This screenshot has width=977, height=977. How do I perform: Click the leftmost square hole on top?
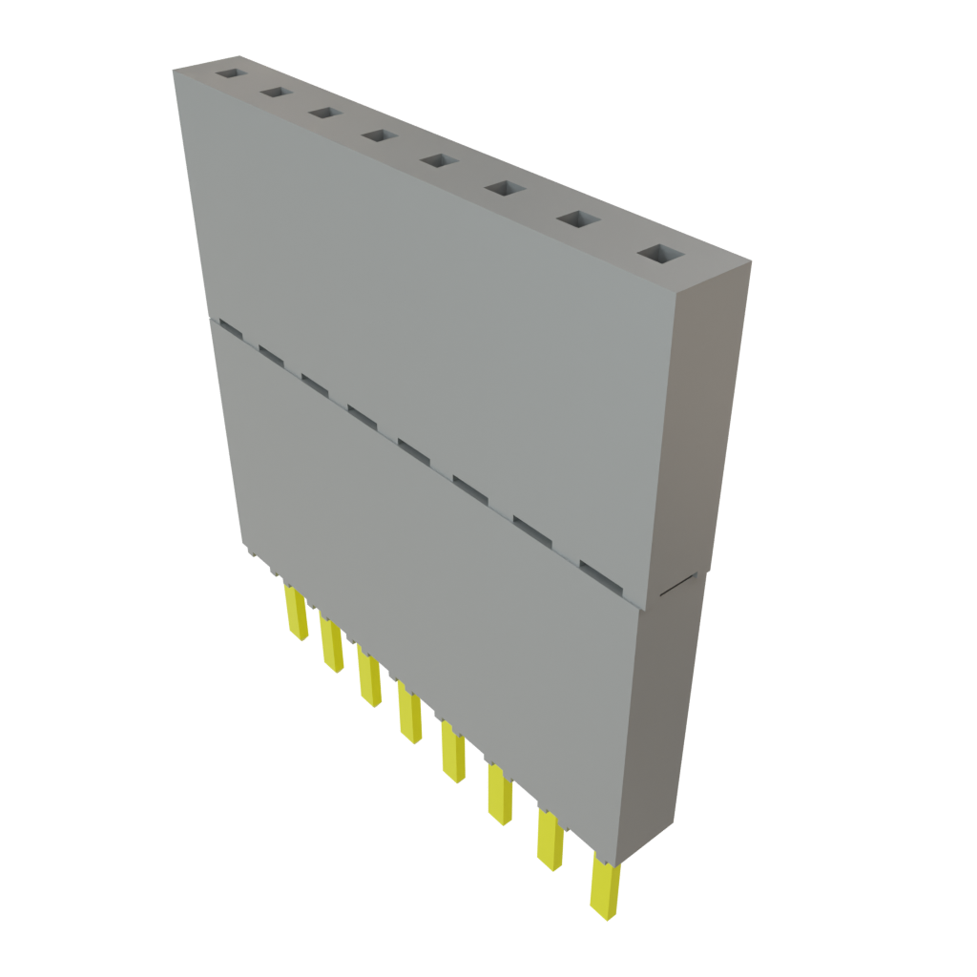tap(229, 72)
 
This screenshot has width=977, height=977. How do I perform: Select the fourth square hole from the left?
tap(379, 136)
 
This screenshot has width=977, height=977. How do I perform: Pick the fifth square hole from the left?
tap(438, 161)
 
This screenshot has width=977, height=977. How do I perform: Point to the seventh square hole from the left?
tap(577, 219)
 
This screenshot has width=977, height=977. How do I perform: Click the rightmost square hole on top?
tap(660, 254)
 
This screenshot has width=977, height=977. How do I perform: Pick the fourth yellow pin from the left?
tap(409, 715)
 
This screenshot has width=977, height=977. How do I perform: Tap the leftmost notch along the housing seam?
tap(230, 328)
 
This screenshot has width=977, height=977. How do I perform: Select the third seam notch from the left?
tap(316, 381)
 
